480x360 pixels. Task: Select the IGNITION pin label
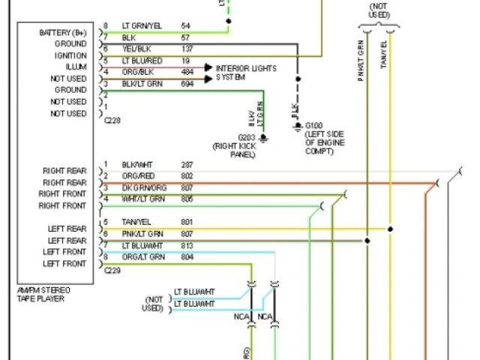[71, 55]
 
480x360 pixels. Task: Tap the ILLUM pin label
[76, 67]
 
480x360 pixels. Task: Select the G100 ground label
[316, 127]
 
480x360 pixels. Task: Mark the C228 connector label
[112, 119]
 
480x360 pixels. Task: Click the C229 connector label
[112, 268]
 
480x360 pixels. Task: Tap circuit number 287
[187, 164]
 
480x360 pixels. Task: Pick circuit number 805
[187, 199]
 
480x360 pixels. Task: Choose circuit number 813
[187, 245]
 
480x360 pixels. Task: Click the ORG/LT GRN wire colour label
[142, 257]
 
